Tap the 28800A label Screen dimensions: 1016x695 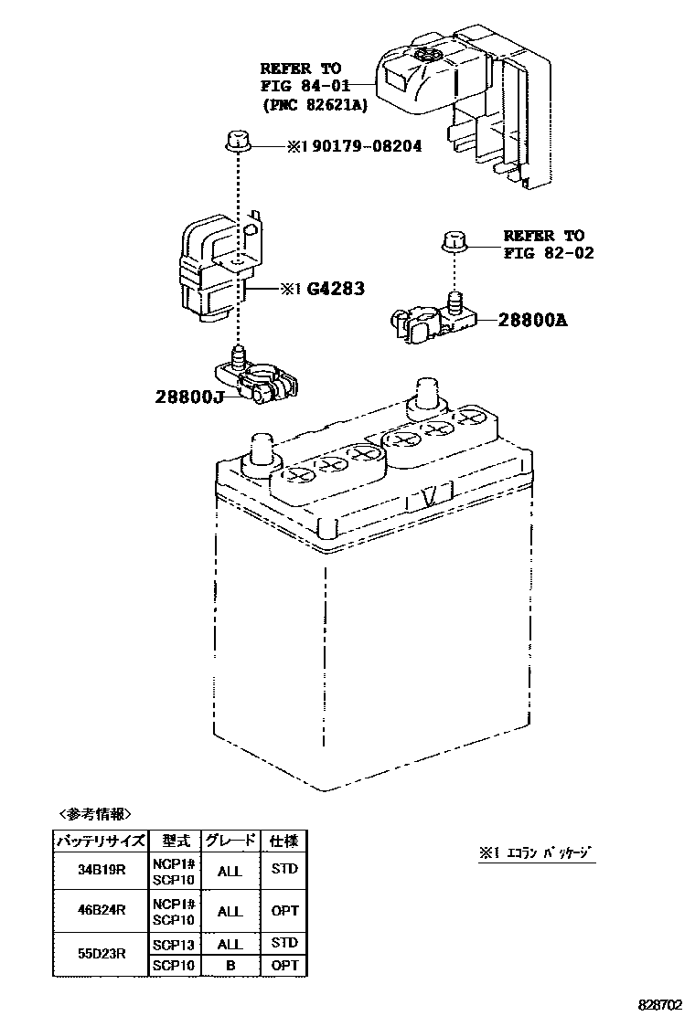click(x=533, y=321)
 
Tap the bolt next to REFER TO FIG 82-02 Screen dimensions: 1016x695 click(x=455, y=241)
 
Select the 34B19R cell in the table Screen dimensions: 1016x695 click(x=102, y=871)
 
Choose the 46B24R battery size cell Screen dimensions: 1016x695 click(x=102, y=911)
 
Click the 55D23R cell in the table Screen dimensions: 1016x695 click(x=102, y=953)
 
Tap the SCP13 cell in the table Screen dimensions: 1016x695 click(x=173, y=943)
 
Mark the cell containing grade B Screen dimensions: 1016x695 click(x=230, y=965)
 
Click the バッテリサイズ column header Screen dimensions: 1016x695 click(x=102, y=841)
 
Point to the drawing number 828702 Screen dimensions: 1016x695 click(x=660, y=1002)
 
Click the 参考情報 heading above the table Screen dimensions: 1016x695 click(x=95, y=813)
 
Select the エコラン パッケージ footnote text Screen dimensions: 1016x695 click(x=537, y=853)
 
